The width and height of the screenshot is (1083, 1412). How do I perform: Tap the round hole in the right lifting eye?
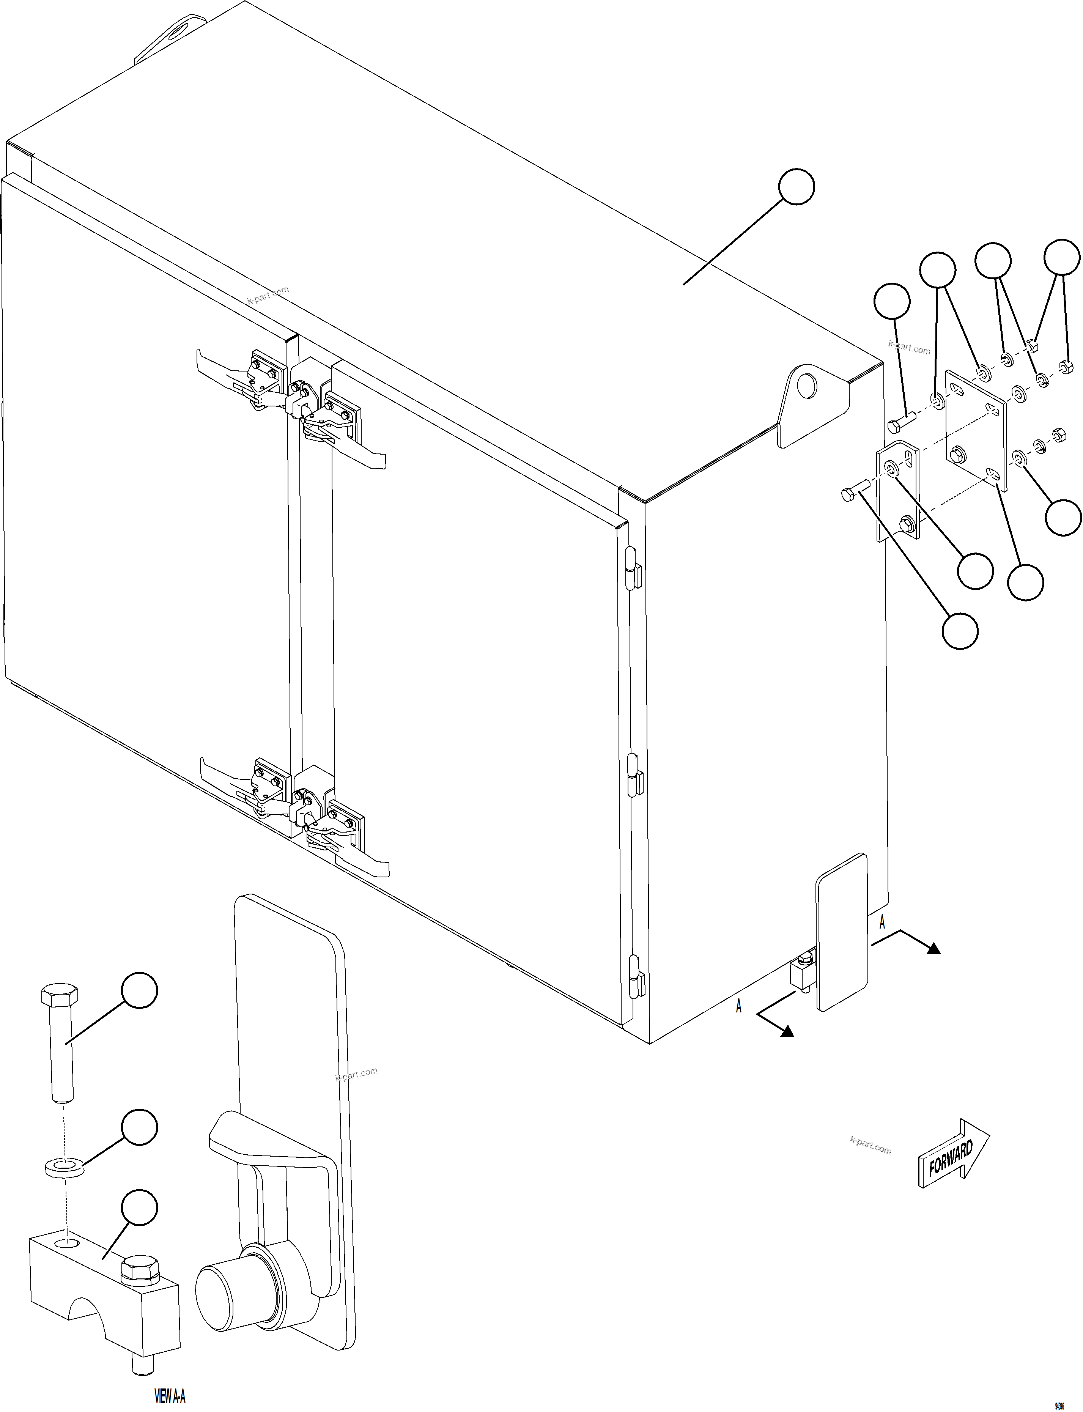[x=805, y=386]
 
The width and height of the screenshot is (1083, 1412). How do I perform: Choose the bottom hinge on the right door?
[x=636, y=977]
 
